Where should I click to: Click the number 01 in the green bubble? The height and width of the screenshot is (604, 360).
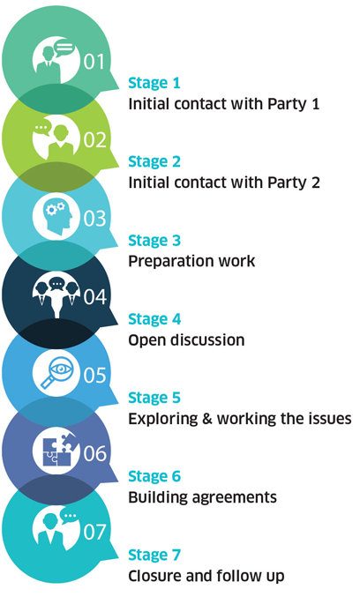[x=94, y=62]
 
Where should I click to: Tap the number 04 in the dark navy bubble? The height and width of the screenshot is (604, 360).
[x=94, y=296]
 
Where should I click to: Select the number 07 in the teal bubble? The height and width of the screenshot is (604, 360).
[x=94, y=532]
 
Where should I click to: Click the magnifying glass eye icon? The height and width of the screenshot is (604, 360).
[x=56, y=373]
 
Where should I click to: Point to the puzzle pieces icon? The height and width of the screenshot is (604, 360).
[x=56, y=451]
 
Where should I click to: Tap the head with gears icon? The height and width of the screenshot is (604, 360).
[x=56, y=217]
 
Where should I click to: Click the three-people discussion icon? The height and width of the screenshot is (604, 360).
[x=56, y=295]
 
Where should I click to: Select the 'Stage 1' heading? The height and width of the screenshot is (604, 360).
[x=154, y=84]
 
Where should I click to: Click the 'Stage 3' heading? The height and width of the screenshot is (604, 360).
[x=154, y=241]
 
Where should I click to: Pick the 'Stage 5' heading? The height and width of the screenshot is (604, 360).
[x=154, y=398]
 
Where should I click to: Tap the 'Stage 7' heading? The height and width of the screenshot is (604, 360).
[x=154, y=556]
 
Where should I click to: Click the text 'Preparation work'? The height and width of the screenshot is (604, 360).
[x=191, y=261]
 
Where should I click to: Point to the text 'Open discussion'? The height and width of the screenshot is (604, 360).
[x=186, y=340]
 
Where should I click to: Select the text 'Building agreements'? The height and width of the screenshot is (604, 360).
[x=202, y=497]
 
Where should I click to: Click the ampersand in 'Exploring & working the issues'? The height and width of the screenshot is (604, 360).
[x=207, y=419]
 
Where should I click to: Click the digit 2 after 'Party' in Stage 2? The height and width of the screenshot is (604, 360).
[x=316, y=183]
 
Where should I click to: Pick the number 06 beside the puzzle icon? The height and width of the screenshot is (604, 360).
[x=94, y=453]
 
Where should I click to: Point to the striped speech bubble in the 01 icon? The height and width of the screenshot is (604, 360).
[x=64, y=48]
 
